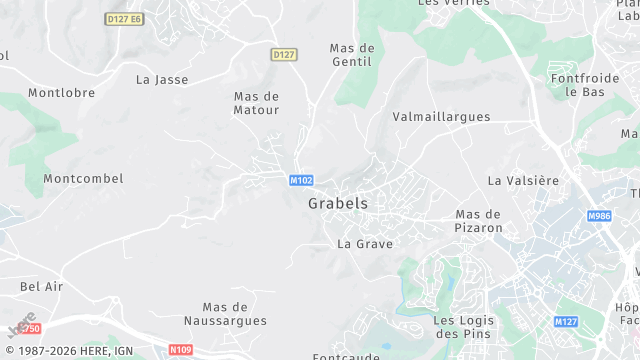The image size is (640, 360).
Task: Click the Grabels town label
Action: pos(338,203)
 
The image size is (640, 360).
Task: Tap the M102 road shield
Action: pos(301,181)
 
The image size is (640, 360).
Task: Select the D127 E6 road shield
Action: pos(124,19)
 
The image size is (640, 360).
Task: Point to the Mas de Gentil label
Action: pos(351,55)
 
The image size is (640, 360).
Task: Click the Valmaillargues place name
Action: pos(442,117)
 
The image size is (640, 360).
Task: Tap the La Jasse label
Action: pos(162,79)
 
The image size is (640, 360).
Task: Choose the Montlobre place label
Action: pos(62,93)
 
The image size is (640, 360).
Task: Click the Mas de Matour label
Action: pos(256,103)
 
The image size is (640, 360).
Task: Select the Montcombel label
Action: pos(83,179)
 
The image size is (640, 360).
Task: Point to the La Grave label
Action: pos(365,244)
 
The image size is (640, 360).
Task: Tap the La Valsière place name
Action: pos(523,181)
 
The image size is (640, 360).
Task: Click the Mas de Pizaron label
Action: pos(478,221)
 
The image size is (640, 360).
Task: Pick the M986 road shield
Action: pos(599,216)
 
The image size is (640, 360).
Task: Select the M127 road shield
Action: pos(567,321)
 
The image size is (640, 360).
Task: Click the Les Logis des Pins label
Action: pos(463,327)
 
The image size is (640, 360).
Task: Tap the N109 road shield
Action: pos(180,350)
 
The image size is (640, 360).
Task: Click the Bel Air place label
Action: pos(42,286)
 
